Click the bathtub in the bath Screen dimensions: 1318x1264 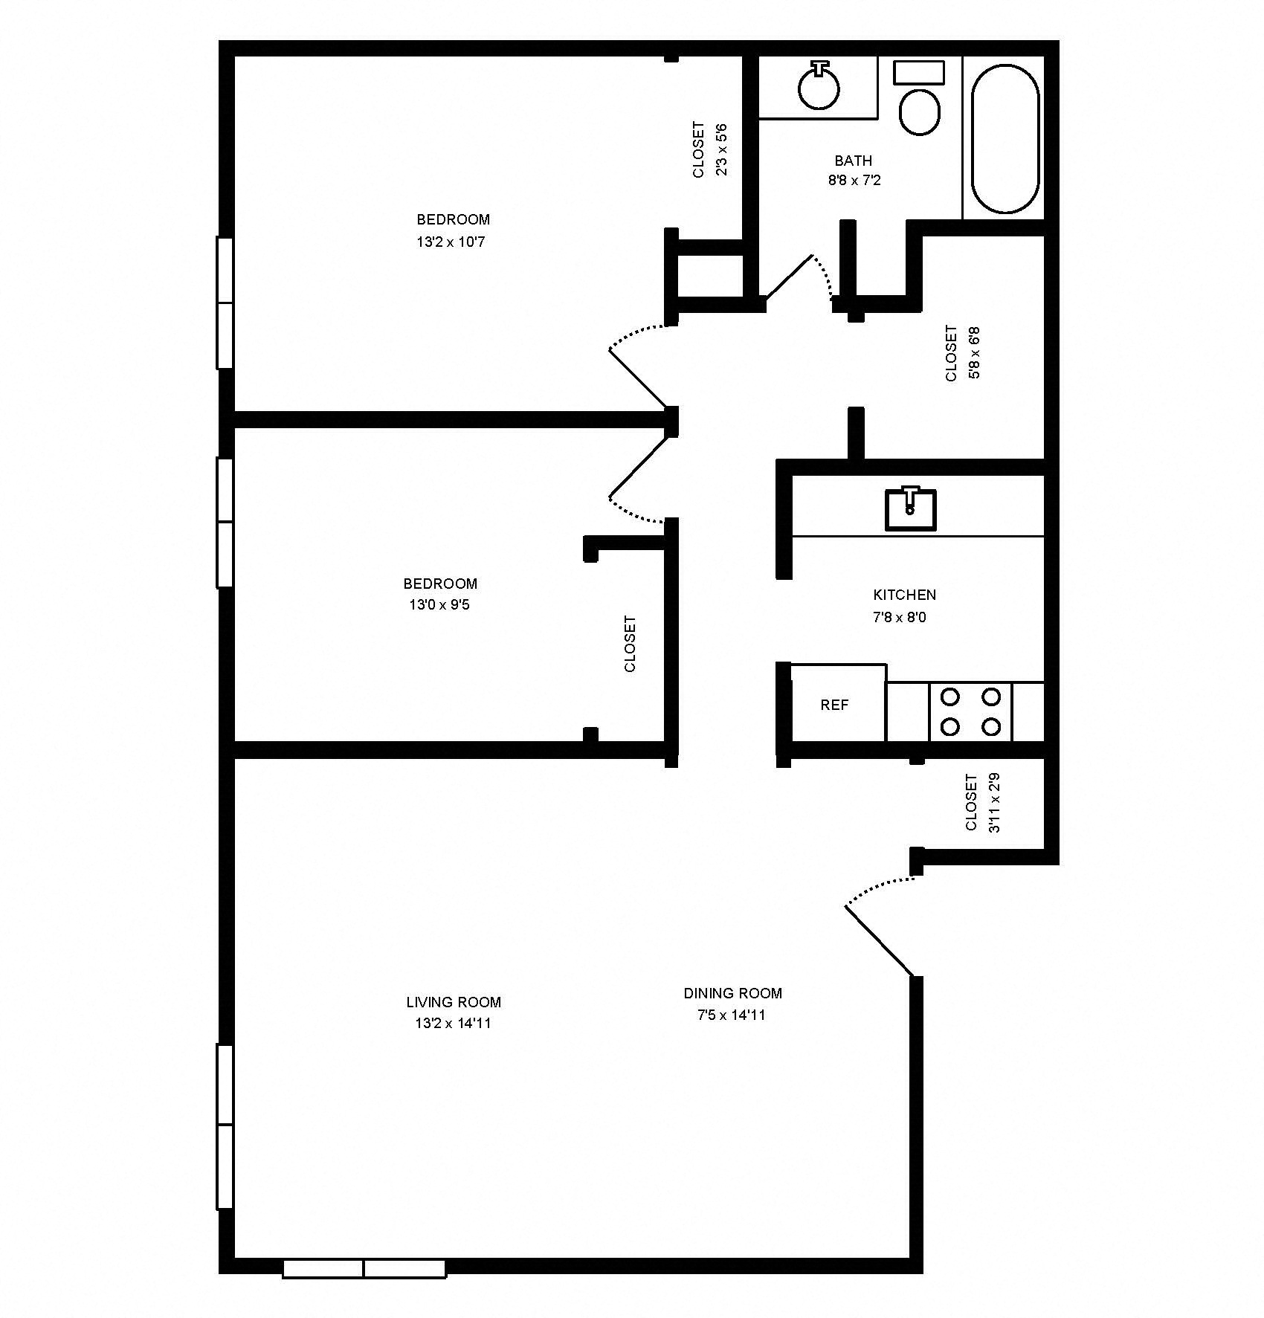(x=1005, y=139)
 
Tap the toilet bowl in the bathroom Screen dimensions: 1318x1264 (x=920, y=112)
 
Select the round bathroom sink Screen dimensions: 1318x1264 (x=819, y=88)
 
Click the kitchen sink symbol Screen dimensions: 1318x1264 (x=910, y=509)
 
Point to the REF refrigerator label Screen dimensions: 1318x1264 (x=834, y=705)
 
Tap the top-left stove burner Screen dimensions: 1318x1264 (x=950, y=697)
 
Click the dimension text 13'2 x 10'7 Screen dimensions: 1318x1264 (x=451, y=242)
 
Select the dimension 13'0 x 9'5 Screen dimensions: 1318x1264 (x=439, y=604)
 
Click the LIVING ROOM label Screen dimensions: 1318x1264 (x=454, y=1001)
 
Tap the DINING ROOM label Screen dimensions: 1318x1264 (x=732, y=992)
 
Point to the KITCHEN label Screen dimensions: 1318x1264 (x=904, y=595)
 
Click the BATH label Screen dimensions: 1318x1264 (x=853, y=161)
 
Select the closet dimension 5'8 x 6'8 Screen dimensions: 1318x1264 (x=974, y=353)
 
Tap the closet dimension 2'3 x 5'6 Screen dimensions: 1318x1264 (x=720, y=149)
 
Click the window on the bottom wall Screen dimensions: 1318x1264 (x=364, y=1268)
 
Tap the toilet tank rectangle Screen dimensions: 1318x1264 (x=918, y=72)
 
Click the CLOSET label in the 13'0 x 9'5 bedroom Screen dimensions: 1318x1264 (x=630, y=643)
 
